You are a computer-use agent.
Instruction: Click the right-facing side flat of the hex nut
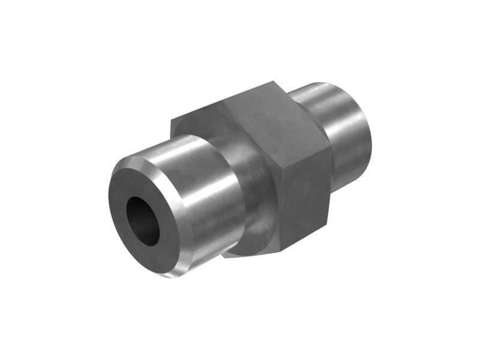306,192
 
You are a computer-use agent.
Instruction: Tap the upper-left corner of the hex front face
172,120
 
